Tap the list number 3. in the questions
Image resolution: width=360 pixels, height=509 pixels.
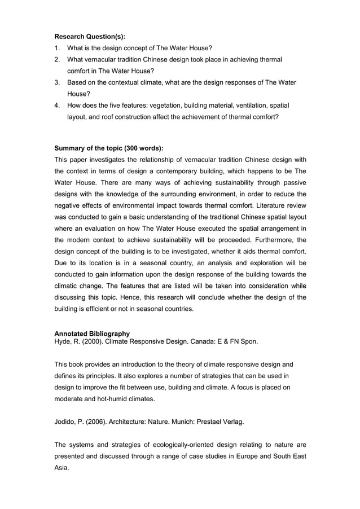point(57,83)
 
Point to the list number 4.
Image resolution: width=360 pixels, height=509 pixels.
point(57,106)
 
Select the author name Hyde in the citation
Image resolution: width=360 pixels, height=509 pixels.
point(63,341)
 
